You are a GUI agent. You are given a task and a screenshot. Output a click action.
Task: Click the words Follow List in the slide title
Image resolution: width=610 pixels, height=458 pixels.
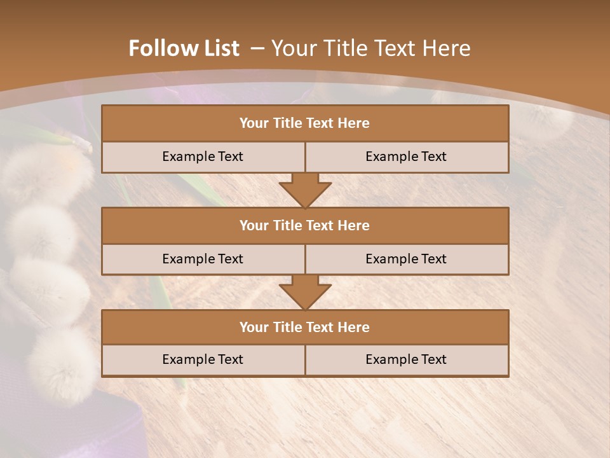(x=184, y=48)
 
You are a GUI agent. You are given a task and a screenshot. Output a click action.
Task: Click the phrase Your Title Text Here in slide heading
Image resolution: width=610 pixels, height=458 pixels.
(x=370, y=48)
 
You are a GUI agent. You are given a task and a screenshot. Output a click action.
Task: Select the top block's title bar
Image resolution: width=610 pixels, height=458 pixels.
(x=305, y=123)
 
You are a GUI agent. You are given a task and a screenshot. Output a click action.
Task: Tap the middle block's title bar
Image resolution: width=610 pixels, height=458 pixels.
(x=305, y=226)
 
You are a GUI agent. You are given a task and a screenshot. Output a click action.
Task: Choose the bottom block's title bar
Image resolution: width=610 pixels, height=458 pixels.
(x=305, y=328)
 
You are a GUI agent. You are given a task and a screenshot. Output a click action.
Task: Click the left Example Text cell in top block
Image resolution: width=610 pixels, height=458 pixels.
(x=203, y=157)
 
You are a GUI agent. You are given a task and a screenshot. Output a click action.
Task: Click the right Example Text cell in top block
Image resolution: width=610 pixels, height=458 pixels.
(x=406, y=157)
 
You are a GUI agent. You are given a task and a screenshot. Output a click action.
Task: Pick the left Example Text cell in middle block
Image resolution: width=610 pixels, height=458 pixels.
(x=203, y=260)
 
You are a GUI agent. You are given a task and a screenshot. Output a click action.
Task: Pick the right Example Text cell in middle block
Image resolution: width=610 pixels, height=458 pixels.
(x=406, y=260)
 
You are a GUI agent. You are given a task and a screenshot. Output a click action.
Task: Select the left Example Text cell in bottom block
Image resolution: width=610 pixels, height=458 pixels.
(x=203, y=360)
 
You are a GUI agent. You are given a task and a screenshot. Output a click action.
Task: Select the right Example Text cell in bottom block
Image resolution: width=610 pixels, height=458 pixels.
(x=406, y=360)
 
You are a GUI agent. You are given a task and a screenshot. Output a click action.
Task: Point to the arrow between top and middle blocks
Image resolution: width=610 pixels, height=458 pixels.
(x=305, y=190)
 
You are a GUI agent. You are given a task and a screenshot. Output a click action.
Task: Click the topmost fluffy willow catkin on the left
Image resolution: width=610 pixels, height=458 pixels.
(x=44, y=172)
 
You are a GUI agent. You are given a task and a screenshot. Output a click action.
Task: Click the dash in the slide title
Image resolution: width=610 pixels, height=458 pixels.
(x=257, y=48)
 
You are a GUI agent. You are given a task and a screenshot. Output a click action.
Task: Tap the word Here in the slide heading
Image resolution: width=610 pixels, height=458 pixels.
(x=448, y=48)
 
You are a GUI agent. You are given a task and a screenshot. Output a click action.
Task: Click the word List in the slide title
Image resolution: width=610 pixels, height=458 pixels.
(x=219, y=48)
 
